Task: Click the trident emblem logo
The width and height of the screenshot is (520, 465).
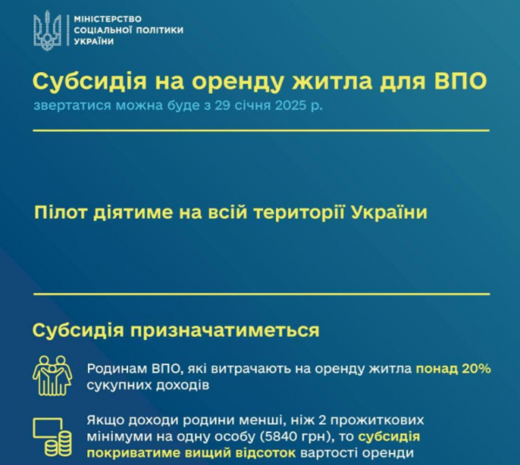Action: [x=47, y=30]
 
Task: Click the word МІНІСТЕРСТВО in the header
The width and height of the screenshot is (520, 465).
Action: [x=108, y=19]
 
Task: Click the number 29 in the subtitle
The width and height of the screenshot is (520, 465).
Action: [x=222, y=106]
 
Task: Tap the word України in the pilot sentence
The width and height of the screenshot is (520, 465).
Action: [x=388, y=212]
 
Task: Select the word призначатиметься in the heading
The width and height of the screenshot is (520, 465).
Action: [x=225, y=331]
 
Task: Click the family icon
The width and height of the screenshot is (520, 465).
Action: [x=52, y=375]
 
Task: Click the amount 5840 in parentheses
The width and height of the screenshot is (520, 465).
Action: [x=279, y=436]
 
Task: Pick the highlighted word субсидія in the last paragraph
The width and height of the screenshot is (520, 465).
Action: [x=389, y=437]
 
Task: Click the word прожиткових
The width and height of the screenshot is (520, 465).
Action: [x=377, y=421]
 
